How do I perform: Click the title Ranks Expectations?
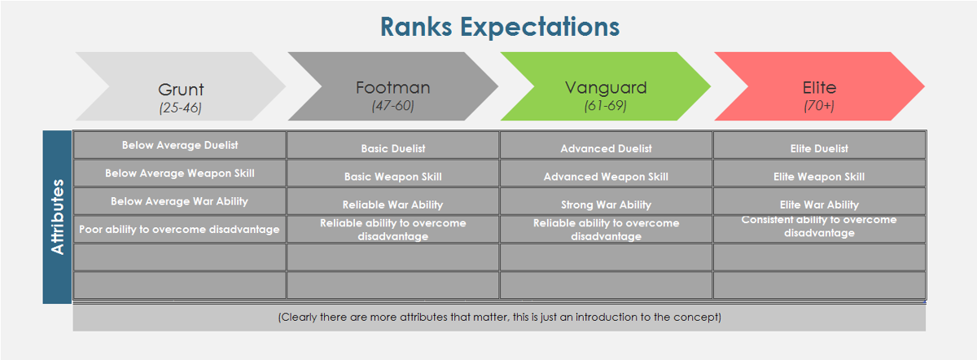click(x=499, y=26)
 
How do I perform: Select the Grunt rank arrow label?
click(x=181, y=90)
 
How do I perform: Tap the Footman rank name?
click(x=392, y=87)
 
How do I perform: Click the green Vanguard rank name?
click(x=606, y=87)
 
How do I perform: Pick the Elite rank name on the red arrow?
click(x=818, y=87)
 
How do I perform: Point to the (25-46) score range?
click(x=181, y=107)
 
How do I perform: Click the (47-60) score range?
click(x=392, y=105)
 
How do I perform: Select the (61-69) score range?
click(x=606, y=105)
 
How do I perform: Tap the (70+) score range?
click(x=818, y=105)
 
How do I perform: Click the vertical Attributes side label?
click(x=58, y=217)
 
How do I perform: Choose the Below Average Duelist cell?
click(x=180, y=145)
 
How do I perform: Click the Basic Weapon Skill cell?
click(x=393, y=176)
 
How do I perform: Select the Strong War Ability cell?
click(x=606, y=204)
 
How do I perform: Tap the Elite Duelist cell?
click(x=819, y=148)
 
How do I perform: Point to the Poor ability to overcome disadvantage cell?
click(x=179, y=229)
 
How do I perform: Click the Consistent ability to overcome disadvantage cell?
click(x=819, y=226)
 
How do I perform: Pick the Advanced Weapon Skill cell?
click(x=606, y=176)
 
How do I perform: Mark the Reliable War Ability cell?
click(x=393, y=204)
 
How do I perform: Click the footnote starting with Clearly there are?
click(x=499, y=317)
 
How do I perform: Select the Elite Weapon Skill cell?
click(x=819, y=176)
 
